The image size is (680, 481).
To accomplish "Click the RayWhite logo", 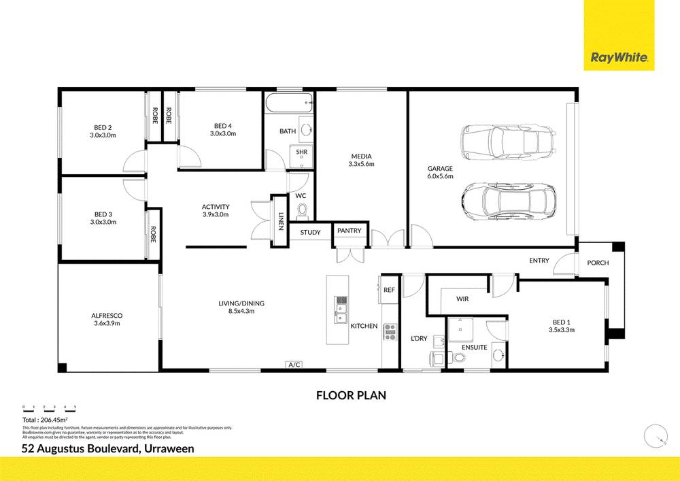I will click(x=619, y=58).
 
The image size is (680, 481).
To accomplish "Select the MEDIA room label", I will click(x=361, y=156).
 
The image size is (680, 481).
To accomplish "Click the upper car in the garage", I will click(x=509, y=141).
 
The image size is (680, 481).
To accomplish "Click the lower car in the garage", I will click(x=508, y=199).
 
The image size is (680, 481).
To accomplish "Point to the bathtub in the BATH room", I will click(x=288, y=105).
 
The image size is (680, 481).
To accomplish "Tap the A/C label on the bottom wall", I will click(x=294, y=365).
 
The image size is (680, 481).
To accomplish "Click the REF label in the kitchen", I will click(x=389, y=290).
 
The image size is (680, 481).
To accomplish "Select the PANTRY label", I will click(x=350, y=231).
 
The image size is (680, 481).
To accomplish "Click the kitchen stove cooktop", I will click(x=390, y=331).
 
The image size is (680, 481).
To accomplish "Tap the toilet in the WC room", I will click(x=302, y=211).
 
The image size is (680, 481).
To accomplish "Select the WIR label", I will click(x=463, y=299).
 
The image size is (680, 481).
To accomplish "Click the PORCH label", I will click(x=598, y=263).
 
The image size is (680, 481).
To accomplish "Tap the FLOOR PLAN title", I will click(x=351, y=395).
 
